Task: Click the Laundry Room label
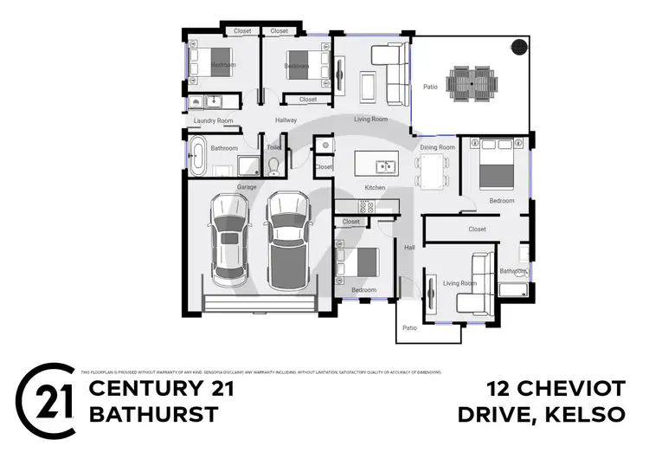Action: click(x=213, y=120)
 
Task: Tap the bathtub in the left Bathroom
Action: click(x=198, y=158)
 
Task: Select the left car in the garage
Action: click(x=228, y=240)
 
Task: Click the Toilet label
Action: click(x=274, y=148)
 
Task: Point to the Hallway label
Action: click(x=286, y=120)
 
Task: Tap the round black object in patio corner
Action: click(x=518, y=48)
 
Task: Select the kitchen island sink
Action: click(x=386, y=166)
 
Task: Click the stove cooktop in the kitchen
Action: click(x=365, y=205)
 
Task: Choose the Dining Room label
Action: click(x=437, y=148)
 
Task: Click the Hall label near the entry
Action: click(x=409, y=248)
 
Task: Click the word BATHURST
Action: click(x=153, y=415)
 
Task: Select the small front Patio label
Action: click(x=410, y=328)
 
